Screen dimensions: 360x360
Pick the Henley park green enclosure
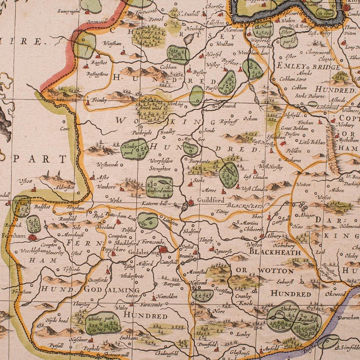(134, 150)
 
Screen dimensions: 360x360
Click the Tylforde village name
(71, 269)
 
